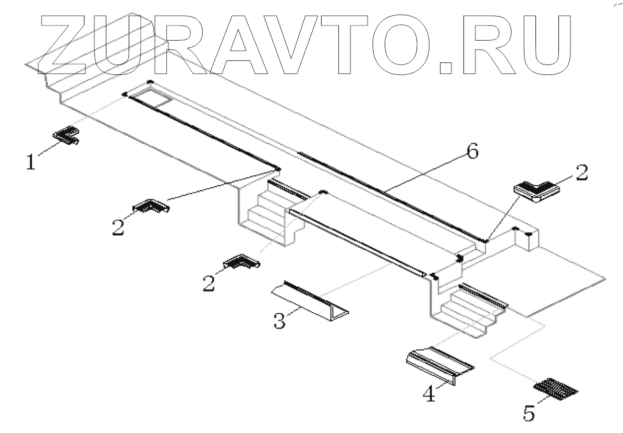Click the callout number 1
pyautogui.click(x=32, y=162)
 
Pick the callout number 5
pyautogui.click(x=528, y=414)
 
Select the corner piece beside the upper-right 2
pyautogui.click(x=535, y=191)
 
